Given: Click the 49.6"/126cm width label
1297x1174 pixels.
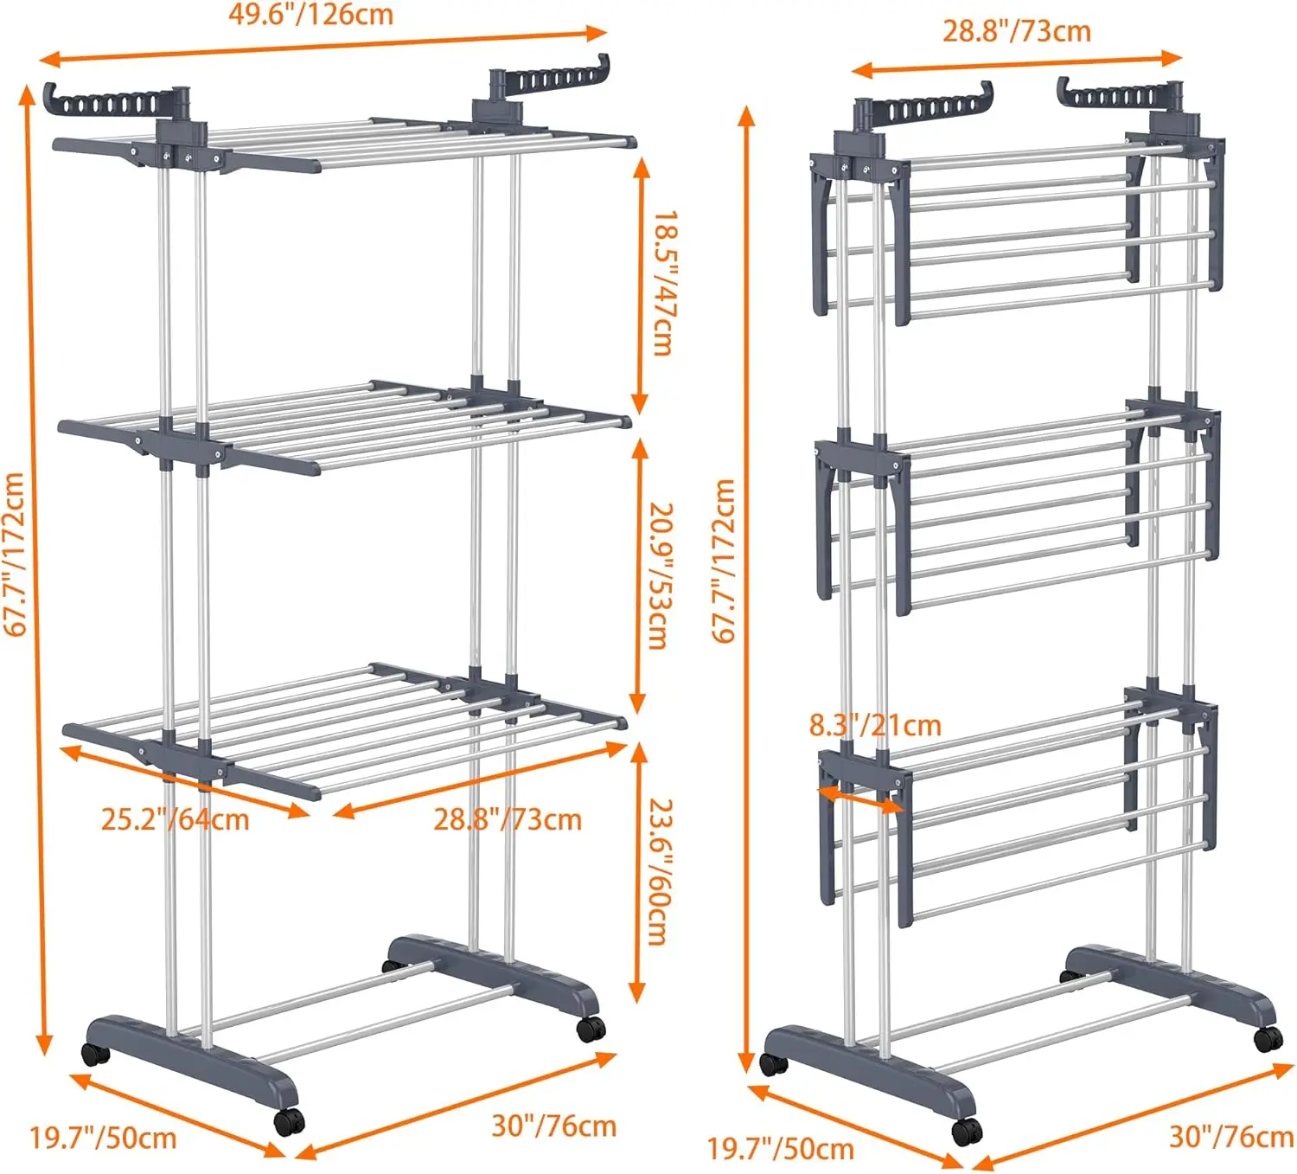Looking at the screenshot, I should click(x=310, y=15).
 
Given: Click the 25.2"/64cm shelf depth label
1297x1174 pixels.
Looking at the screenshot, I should click(x=175, y=819).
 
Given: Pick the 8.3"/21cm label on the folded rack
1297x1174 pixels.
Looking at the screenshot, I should click(x=875, y=725).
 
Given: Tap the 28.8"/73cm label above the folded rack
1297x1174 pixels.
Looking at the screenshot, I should click(x=1016, y=31).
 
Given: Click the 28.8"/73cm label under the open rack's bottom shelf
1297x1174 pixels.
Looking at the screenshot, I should click(x=508, y=819).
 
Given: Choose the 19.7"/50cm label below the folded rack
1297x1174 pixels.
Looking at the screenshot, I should click(x=781, y=1149).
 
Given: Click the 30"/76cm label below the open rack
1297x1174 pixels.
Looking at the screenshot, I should click(x=553, y=1126).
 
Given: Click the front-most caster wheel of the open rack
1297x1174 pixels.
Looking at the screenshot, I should click(x=289, y=1121).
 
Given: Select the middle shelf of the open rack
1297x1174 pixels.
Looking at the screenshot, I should click(x=346, y=424).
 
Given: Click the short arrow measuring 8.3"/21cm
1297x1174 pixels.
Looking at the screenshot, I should click(x=859, y=799).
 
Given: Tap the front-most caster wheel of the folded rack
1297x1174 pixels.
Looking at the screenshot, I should click(x=966, y=1131).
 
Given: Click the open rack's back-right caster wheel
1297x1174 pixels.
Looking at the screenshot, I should click(x=591, y=1028).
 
